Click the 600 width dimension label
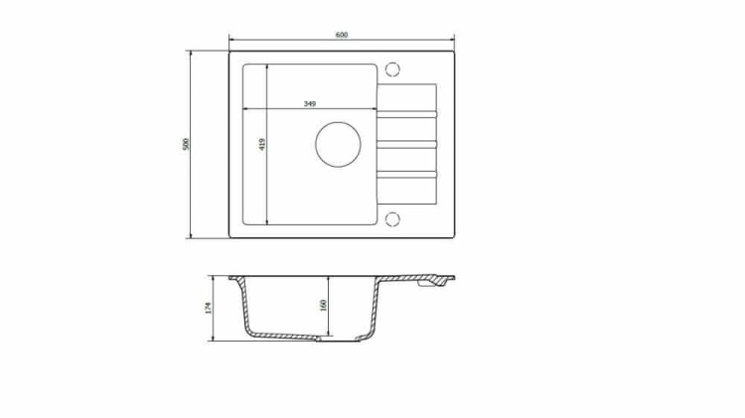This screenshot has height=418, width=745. [x=341, y=35]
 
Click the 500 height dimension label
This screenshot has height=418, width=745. [x=186, y=144]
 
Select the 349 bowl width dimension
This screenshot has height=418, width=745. [x=310, y=103]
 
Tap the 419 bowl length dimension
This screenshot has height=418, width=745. [x=262, y=144]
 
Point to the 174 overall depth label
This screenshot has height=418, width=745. [x=208, y=308]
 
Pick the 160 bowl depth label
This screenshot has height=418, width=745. [x=324, y=305]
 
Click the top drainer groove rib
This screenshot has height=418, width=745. [x=406, y=114]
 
